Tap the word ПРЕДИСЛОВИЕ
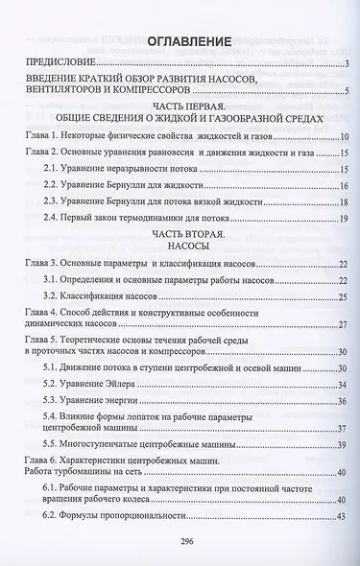click(x=60, y=65)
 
